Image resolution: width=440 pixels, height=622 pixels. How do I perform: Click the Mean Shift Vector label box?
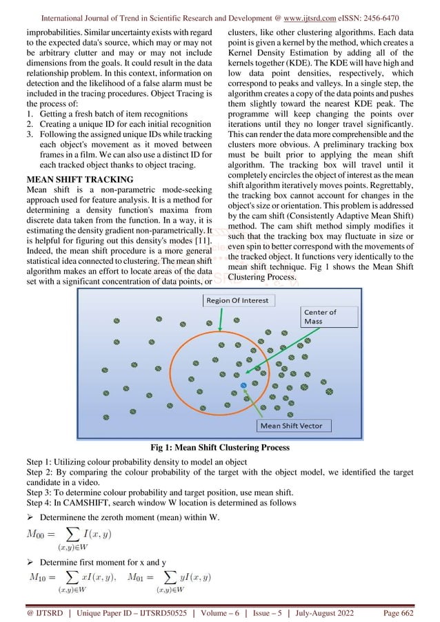tap(291, 426)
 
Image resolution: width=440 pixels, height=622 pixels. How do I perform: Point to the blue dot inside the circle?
tap(243, 384)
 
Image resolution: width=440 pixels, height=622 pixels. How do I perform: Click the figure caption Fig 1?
tap(220, 448)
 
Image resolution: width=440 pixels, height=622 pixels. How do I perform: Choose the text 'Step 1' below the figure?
tap(38, 463)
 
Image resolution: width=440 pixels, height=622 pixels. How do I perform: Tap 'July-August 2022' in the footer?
tap(348, 608)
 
